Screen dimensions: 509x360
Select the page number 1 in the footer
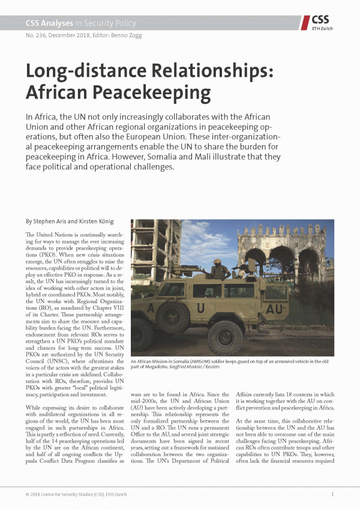pyautogui.click(x=332, y=494)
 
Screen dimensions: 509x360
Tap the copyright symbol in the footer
pyautogui.click(x=28, y=494)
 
